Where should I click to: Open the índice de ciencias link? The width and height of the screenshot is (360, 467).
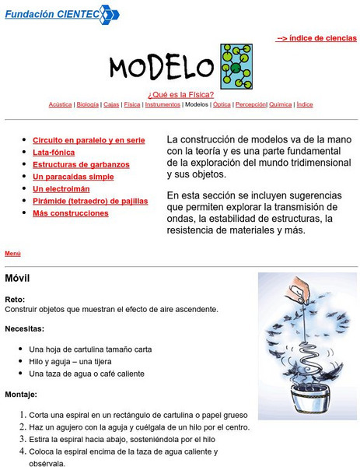pos(316,37)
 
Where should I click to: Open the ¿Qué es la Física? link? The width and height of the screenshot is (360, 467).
pos(180,94)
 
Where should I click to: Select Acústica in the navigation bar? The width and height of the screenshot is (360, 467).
pos(60,104)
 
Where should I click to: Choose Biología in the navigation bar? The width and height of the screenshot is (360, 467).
pos(88,104)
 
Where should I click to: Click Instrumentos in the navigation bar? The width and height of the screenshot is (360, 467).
pos(163,104)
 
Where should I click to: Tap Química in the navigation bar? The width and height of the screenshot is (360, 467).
pos(281,104)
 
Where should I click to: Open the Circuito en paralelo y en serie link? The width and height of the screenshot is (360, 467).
pos(89,140)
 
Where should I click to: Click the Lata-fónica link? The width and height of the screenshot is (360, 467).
pos(54,153)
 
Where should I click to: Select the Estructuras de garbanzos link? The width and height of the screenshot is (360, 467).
pos(81,164)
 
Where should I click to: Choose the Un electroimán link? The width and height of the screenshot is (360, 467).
pos(61,188)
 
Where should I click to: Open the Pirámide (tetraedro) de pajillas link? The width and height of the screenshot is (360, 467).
pos(90,201)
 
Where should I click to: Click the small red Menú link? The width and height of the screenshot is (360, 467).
pos(12,253)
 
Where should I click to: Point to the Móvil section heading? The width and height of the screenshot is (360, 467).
pos(17,278)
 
